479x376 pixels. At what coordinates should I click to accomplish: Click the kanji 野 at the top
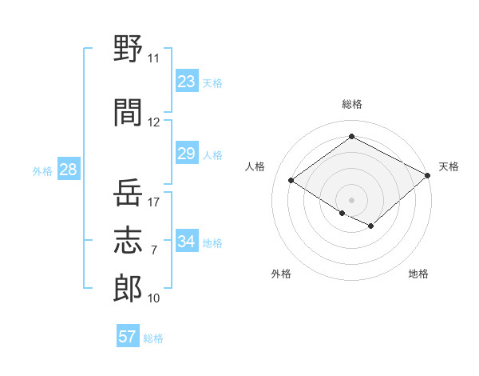click(x=128, y=48)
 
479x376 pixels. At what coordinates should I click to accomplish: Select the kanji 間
click(x=128, y=112)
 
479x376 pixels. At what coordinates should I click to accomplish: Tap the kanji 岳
click(x=128, y=192)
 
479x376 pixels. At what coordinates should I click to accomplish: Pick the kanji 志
click(x=128, y=240)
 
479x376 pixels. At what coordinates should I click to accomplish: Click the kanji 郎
click(x=128, y=288)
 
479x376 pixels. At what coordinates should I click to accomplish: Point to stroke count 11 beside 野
click(x=153, y=58)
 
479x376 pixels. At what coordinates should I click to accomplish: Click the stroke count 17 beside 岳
click(x=153, y=202)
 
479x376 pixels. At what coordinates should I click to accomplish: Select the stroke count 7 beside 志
click(x=154, y=250)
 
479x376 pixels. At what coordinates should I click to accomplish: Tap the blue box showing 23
click(x=187, y=81)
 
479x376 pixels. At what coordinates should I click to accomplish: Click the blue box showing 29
click(x=187, y=153)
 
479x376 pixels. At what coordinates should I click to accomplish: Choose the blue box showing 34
click(x=187, y=240)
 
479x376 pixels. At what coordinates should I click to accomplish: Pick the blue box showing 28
click(x=69, y=169)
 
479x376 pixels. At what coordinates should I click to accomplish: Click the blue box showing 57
click(x=128, y=335)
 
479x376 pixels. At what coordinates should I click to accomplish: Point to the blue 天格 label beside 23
click(x=212, y=83)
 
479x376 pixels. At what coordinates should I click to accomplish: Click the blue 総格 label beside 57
click(x=153, y=338)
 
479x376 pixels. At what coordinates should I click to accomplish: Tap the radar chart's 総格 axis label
click(x=352, y=104)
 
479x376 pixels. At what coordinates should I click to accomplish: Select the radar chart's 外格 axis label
click(x=281, y=274)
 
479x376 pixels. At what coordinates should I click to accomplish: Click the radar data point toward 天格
click(x=427, y=175)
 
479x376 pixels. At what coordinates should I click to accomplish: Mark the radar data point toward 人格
click(x=291, y=180)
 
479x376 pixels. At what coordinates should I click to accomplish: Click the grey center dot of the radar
click(x=351, y=200)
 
